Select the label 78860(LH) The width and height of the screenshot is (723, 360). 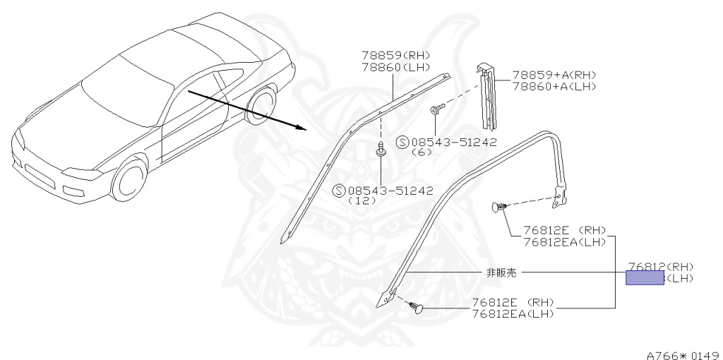pos(395,67)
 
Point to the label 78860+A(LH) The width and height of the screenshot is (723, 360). pos(554,86)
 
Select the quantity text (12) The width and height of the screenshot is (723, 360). pos(359,200)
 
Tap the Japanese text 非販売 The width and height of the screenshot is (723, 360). pos(501,272)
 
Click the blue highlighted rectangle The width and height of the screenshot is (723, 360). pos(645,277)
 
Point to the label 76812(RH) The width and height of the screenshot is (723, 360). pos(660,266)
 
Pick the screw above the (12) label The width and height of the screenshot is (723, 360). pos(381,151)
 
